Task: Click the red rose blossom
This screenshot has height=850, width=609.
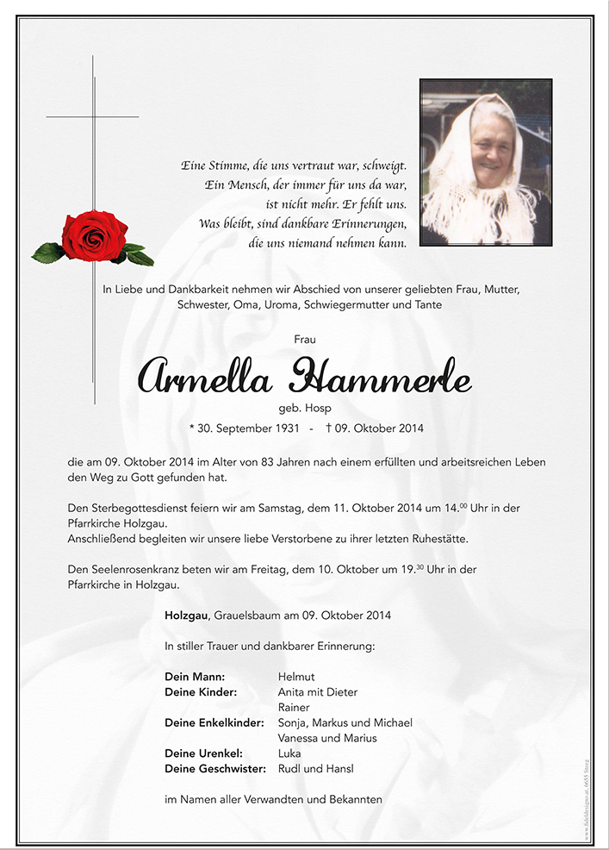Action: click(x=95, y=235)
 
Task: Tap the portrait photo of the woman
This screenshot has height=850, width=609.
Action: click(x=486, y=162)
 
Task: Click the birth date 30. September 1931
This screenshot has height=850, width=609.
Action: click(x=248, y=428)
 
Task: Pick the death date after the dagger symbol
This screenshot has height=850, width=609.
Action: click(x=381, y=428)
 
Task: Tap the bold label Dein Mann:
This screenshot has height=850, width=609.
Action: click(x=195, y=677)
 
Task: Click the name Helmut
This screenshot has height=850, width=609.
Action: click(x=296, y=677)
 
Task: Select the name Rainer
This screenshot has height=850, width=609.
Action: click(x=295, y=708)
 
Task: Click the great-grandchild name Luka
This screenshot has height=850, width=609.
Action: click(x=289, y=753)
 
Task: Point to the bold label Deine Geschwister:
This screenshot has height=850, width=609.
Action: click(x=213, y=769)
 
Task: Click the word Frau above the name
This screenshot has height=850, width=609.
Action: click(x=304, y=340)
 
